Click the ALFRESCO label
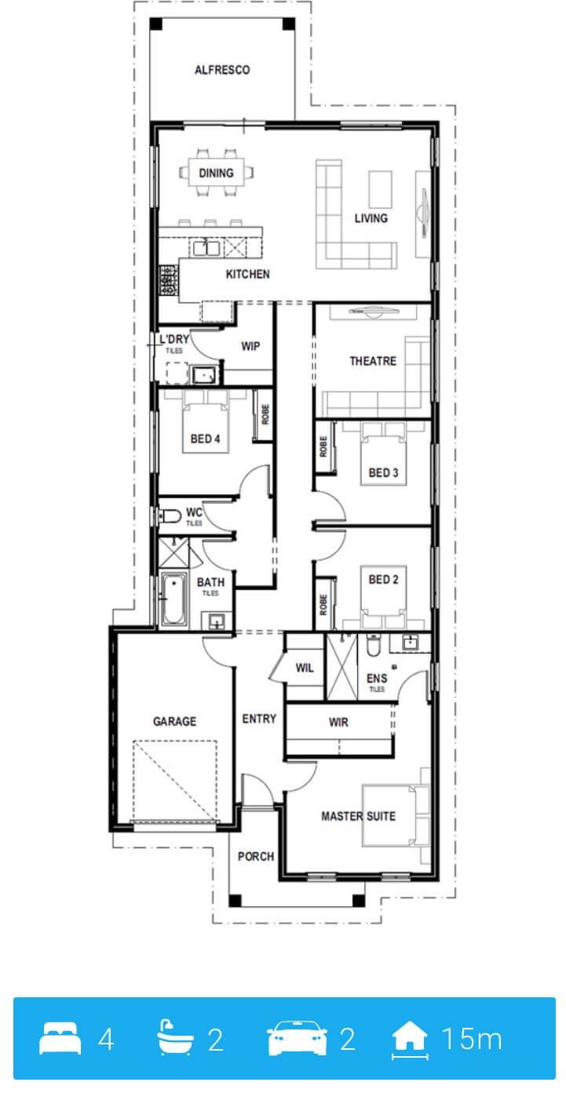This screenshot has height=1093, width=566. point(222,71)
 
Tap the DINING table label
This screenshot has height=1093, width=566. point(217,173)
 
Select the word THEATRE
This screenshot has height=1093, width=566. point(373,361)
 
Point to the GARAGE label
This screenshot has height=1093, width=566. point(174,721)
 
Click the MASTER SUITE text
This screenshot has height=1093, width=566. point(359,816)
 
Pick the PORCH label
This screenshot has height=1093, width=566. point(256,856)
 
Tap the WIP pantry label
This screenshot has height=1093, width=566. point(250,346)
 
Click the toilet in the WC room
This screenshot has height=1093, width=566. point(170,516)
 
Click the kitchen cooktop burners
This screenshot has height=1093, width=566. point(169,280)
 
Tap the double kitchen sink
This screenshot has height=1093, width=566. point(206,249)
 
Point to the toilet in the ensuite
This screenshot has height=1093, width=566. point(374,645)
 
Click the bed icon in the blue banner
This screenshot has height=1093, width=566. point(60,1038)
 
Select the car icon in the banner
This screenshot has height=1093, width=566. point(297,1038)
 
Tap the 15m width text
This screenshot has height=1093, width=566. point(472,1039)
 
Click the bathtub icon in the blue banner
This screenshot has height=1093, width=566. point(175,1037)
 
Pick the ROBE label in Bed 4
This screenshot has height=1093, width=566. point(265,414)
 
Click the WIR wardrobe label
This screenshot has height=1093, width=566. point(338,722)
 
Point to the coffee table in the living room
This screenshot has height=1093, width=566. point(381,189)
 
